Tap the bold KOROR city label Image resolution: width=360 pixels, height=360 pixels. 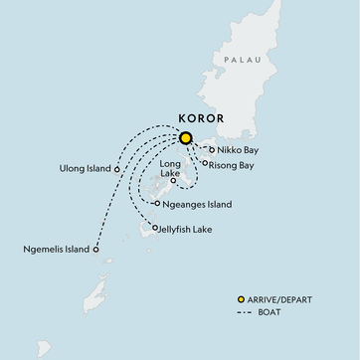(200, 117)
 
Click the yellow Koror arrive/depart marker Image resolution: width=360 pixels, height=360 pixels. (185, 138)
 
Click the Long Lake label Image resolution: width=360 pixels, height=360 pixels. (176, 165)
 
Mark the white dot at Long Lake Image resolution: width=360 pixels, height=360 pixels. (174, 181)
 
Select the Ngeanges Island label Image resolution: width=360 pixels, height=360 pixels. (199, 205)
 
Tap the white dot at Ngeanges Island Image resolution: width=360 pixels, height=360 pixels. (158, 204)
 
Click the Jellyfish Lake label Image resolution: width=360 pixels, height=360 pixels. (191, 230)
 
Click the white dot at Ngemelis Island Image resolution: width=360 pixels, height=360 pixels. (96, 250)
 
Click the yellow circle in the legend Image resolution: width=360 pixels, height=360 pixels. (241, 299)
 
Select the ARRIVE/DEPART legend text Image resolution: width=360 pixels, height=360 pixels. (282, 299)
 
